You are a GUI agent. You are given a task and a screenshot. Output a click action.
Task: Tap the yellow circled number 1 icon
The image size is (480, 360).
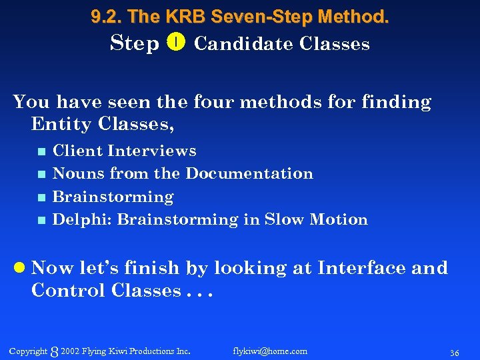pyautogui.click(x=176, y=43)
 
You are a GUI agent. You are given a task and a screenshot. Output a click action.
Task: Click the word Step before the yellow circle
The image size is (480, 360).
pyautogui.click(x=135, y=44)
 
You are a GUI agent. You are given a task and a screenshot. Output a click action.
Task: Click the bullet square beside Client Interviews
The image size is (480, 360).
pyautogui.click(x=41, y=151)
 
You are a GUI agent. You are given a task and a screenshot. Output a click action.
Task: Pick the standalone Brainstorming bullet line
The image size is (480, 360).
pyautogui.click(x=113, y=197)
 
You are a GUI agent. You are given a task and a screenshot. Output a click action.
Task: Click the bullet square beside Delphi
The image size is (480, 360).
pyautogui.click(x=41, y=220)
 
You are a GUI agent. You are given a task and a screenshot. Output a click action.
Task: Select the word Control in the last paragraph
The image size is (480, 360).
pyautogui.click(x=69, y=291)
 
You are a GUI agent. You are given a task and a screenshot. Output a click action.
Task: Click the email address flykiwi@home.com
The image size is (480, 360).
pyautogui.click(x=270, y=351)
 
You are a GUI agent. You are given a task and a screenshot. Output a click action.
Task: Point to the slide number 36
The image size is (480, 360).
pyautogui.click(x=455, y=352)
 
